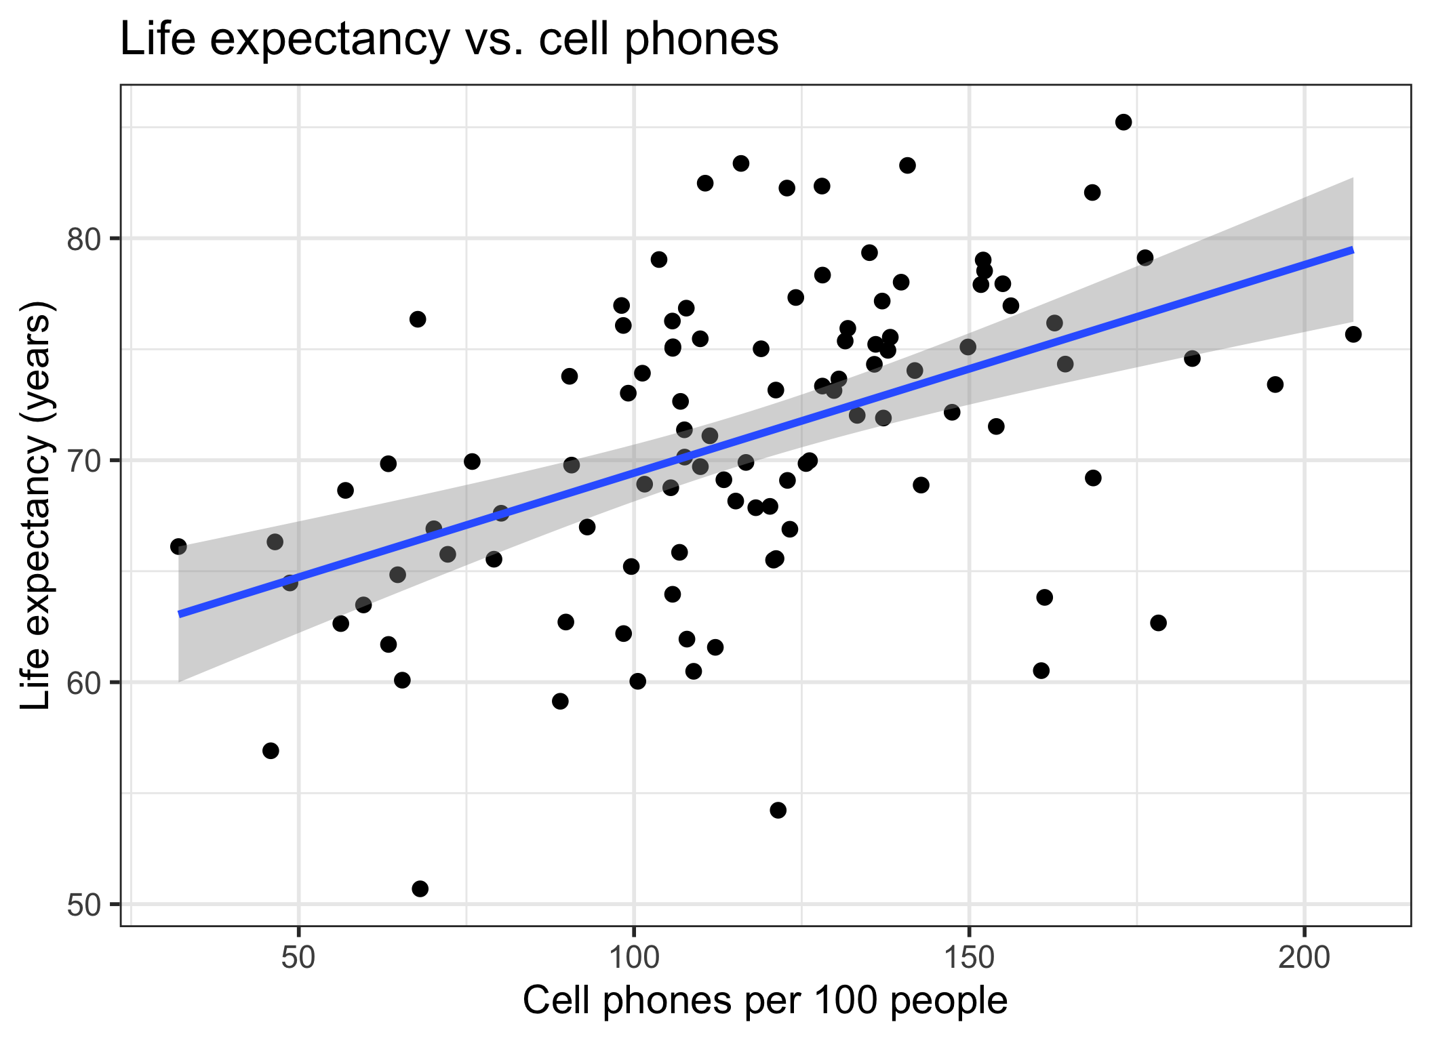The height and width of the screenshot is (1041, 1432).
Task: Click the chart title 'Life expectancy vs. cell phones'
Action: [449, 39]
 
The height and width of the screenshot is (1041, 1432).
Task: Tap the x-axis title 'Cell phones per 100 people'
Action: [765, 1000]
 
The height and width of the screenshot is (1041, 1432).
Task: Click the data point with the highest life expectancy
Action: [1123, 122]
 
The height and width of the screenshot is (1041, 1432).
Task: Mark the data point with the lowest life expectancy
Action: [420, 889]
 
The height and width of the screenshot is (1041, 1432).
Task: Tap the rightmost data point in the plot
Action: [1353, 334]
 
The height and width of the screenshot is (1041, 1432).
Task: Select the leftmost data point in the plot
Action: [178, 546]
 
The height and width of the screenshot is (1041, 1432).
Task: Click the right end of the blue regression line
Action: [1352, 250]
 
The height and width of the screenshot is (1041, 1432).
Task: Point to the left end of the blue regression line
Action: [180, 614]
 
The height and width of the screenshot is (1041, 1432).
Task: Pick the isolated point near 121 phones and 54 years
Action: [778, 810]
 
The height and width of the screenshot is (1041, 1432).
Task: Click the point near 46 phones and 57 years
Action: [271, 750]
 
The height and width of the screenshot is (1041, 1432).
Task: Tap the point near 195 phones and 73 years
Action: [1275, 384]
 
